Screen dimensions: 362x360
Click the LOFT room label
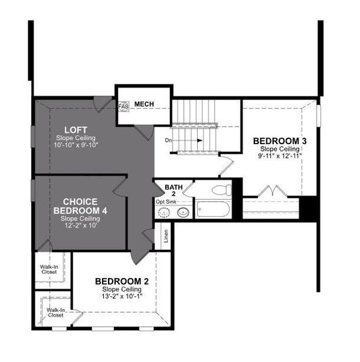pos(76,129)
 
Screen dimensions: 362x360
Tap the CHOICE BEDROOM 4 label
pos(77,206)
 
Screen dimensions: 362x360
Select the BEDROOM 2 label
pos(121,282)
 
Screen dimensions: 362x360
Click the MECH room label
pos(144,104)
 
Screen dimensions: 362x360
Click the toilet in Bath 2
pos(221,191)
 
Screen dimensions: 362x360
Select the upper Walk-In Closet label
pos(49,269)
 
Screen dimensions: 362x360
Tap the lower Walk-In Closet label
pos(55,313)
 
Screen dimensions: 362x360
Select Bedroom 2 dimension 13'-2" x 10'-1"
pos(121,297)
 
